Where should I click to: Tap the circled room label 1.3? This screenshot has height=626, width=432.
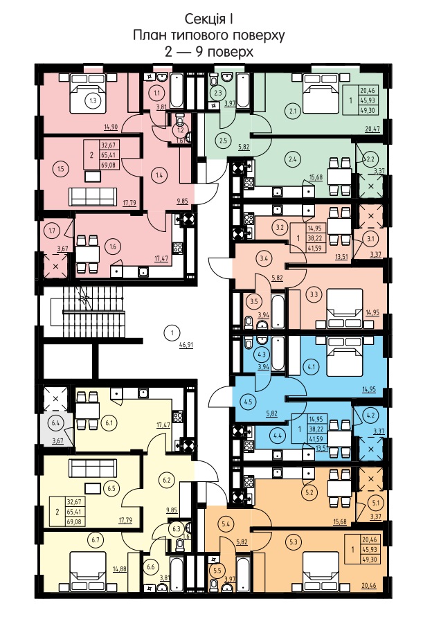(x=93, y=100)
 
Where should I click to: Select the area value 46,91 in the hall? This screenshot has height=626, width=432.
(x=186, y=345)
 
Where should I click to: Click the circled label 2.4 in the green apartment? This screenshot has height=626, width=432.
(x=293, y=159)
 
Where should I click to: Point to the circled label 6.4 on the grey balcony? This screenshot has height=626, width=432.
(x=55, y=422)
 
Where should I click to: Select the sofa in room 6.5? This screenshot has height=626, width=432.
(x=93, y=467)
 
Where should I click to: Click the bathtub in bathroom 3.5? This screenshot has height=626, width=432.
(x=278, y=311)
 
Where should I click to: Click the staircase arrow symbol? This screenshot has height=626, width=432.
(x=84, y=296)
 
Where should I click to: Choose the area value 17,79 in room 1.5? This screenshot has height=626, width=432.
(x=129, y=203)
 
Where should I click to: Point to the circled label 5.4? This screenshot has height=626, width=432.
(x=226, y=524)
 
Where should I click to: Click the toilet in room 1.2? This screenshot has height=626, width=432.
(x=180, y=120)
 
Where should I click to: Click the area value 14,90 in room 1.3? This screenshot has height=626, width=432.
(x=111, y=127)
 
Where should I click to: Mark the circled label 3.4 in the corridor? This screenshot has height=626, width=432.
(x=264, y=258)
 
